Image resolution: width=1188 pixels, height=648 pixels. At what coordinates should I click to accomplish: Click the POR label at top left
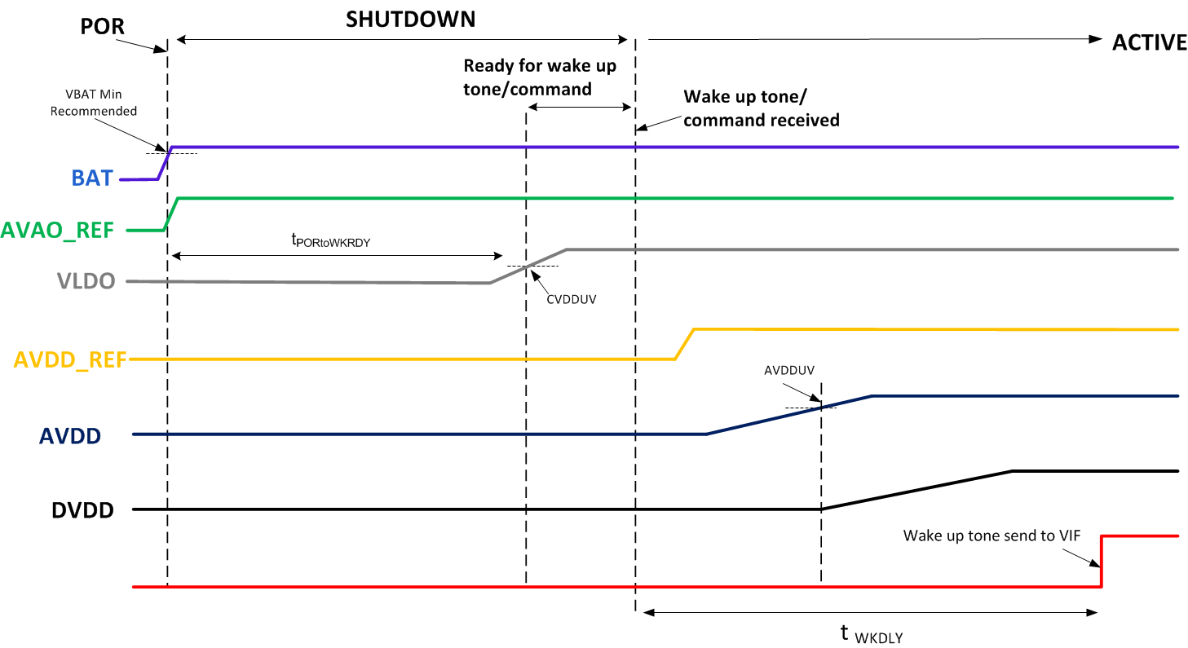(x=103, y=26)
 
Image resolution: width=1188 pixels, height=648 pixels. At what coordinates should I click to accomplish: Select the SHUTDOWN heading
(x=410, y=20)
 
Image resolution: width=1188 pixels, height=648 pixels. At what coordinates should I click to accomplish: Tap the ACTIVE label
(x=1149, y=43)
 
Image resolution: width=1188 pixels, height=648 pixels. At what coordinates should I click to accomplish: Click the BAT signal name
(x=92, y=178)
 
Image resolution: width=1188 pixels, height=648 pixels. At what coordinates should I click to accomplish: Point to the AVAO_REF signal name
(x=63, y=230)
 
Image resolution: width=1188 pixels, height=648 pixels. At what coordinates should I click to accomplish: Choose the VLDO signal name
(x=86, y=281)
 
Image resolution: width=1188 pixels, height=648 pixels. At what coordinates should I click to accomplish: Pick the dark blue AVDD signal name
(x=70, y=436)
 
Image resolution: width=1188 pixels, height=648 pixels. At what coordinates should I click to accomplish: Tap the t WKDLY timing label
(x=871, y=634)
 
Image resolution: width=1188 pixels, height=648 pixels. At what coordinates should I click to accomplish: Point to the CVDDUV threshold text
(x=572, y=299)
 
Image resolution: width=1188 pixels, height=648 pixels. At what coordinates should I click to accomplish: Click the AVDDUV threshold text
(x=790, y=370)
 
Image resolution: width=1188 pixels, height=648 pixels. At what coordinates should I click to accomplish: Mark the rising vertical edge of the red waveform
(x=1102, y=562)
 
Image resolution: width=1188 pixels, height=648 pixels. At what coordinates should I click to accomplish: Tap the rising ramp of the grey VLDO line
(x=528, y=266)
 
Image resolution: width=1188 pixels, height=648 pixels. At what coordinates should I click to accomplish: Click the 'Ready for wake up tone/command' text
(x=540, y=77)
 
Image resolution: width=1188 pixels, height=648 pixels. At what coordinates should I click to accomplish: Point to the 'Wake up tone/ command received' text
(x=761, y=108)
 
